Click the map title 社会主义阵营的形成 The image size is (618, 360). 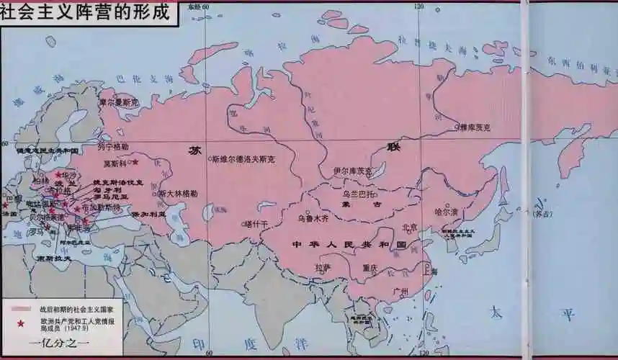click(88, 13)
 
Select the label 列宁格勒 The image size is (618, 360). click(113, 146)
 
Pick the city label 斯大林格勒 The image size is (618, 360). click(178, 193)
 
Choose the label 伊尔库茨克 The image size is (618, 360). click(354, 171)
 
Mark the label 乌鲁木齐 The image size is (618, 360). click(313, 217)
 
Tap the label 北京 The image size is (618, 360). click(409, 227)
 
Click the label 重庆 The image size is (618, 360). click(370, 268)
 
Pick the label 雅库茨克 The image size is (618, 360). click(475, 127)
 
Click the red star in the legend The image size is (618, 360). click(21, 323)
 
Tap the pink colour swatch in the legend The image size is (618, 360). click(21, 308)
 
